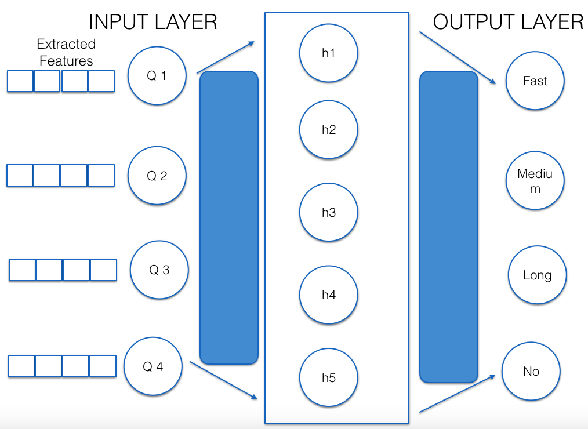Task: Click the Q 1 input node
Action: (x=157, y=76)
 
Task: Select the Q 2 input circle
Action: (x=157, y=176)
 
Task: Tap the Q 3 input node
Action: (x=159, y=270)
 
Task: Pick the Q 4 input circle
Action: (x=153, y=367)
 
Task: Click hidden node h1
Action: (x=329, y=53)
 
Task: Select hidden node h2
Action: (x=329, y=130)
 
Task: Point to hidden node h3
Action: (x=329, y=213)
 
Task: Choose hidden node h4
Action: (x=329, y=295)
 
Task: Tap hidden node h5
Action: (x=329, y=378)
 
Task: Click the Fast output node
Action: (x=535, y=81)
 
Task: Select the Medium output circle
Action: (x=535, y=181)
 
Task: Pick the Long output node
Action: (x=537, y=275)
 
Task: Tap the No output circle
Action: (x=531, y=372)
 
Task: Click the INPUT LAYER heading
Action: (x=153, y=22)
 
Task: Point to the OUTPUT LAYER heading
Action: (x=508, y=22)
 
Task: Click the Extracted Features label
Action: (x=66, y=52)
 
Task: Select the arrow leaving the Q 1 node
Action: (x=226, y=57)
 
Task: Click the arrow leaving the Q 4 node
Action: (x=223, y=380)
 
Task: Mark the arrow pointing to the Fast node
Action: (x=458, y=57)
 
